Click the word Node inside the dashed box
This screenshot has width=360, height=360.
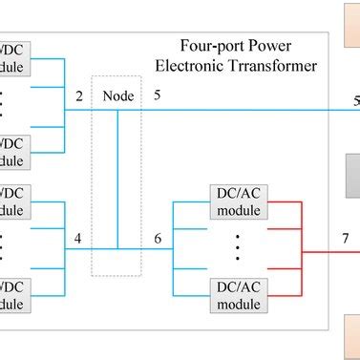tap(117, 95)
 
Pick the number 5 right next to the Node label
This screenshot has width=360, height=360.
tap(157, 95)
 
